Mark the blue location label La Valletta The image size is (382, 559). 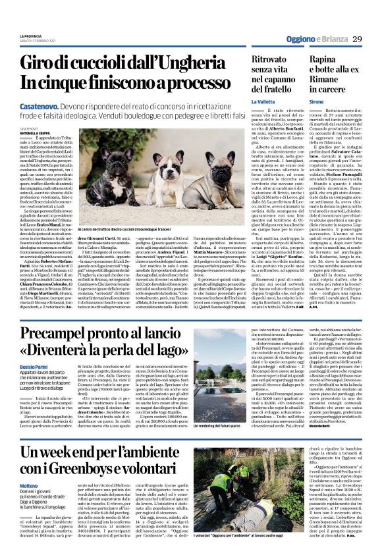click(x=263, y=102)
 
